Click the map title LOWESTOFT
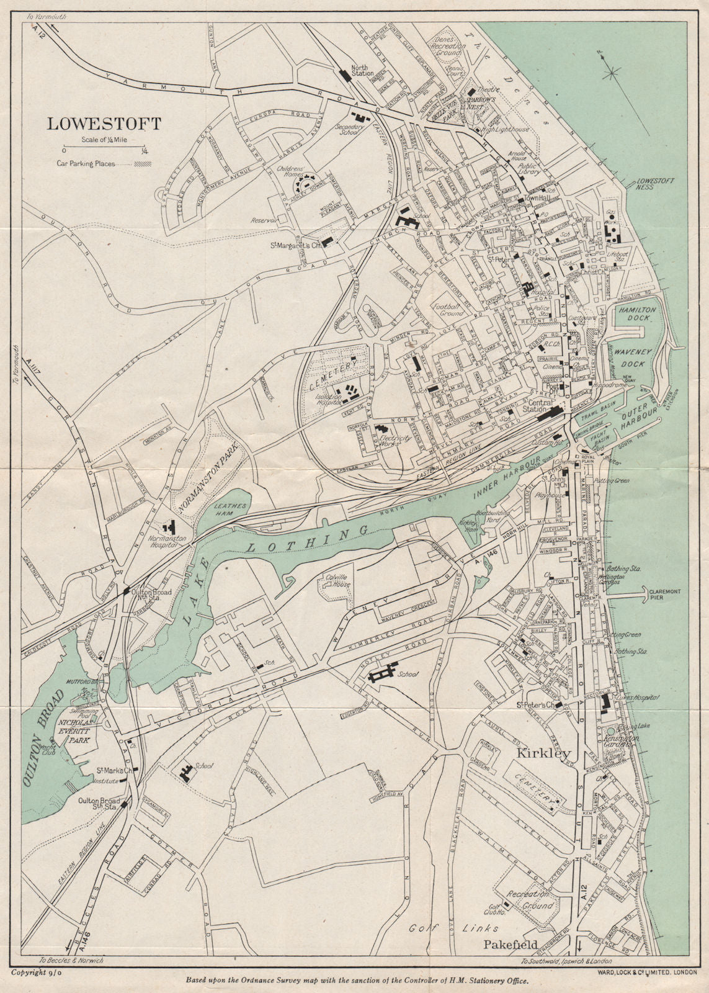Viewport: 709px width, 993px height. (x=104, y=124)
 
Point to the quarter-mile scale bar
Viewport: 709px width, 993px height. (x=104, y=150)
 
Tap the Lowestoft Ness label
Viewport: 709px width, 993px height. (x=656, y=185)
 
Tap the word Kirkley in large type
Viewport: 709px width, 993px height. (x=543, y=753)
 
